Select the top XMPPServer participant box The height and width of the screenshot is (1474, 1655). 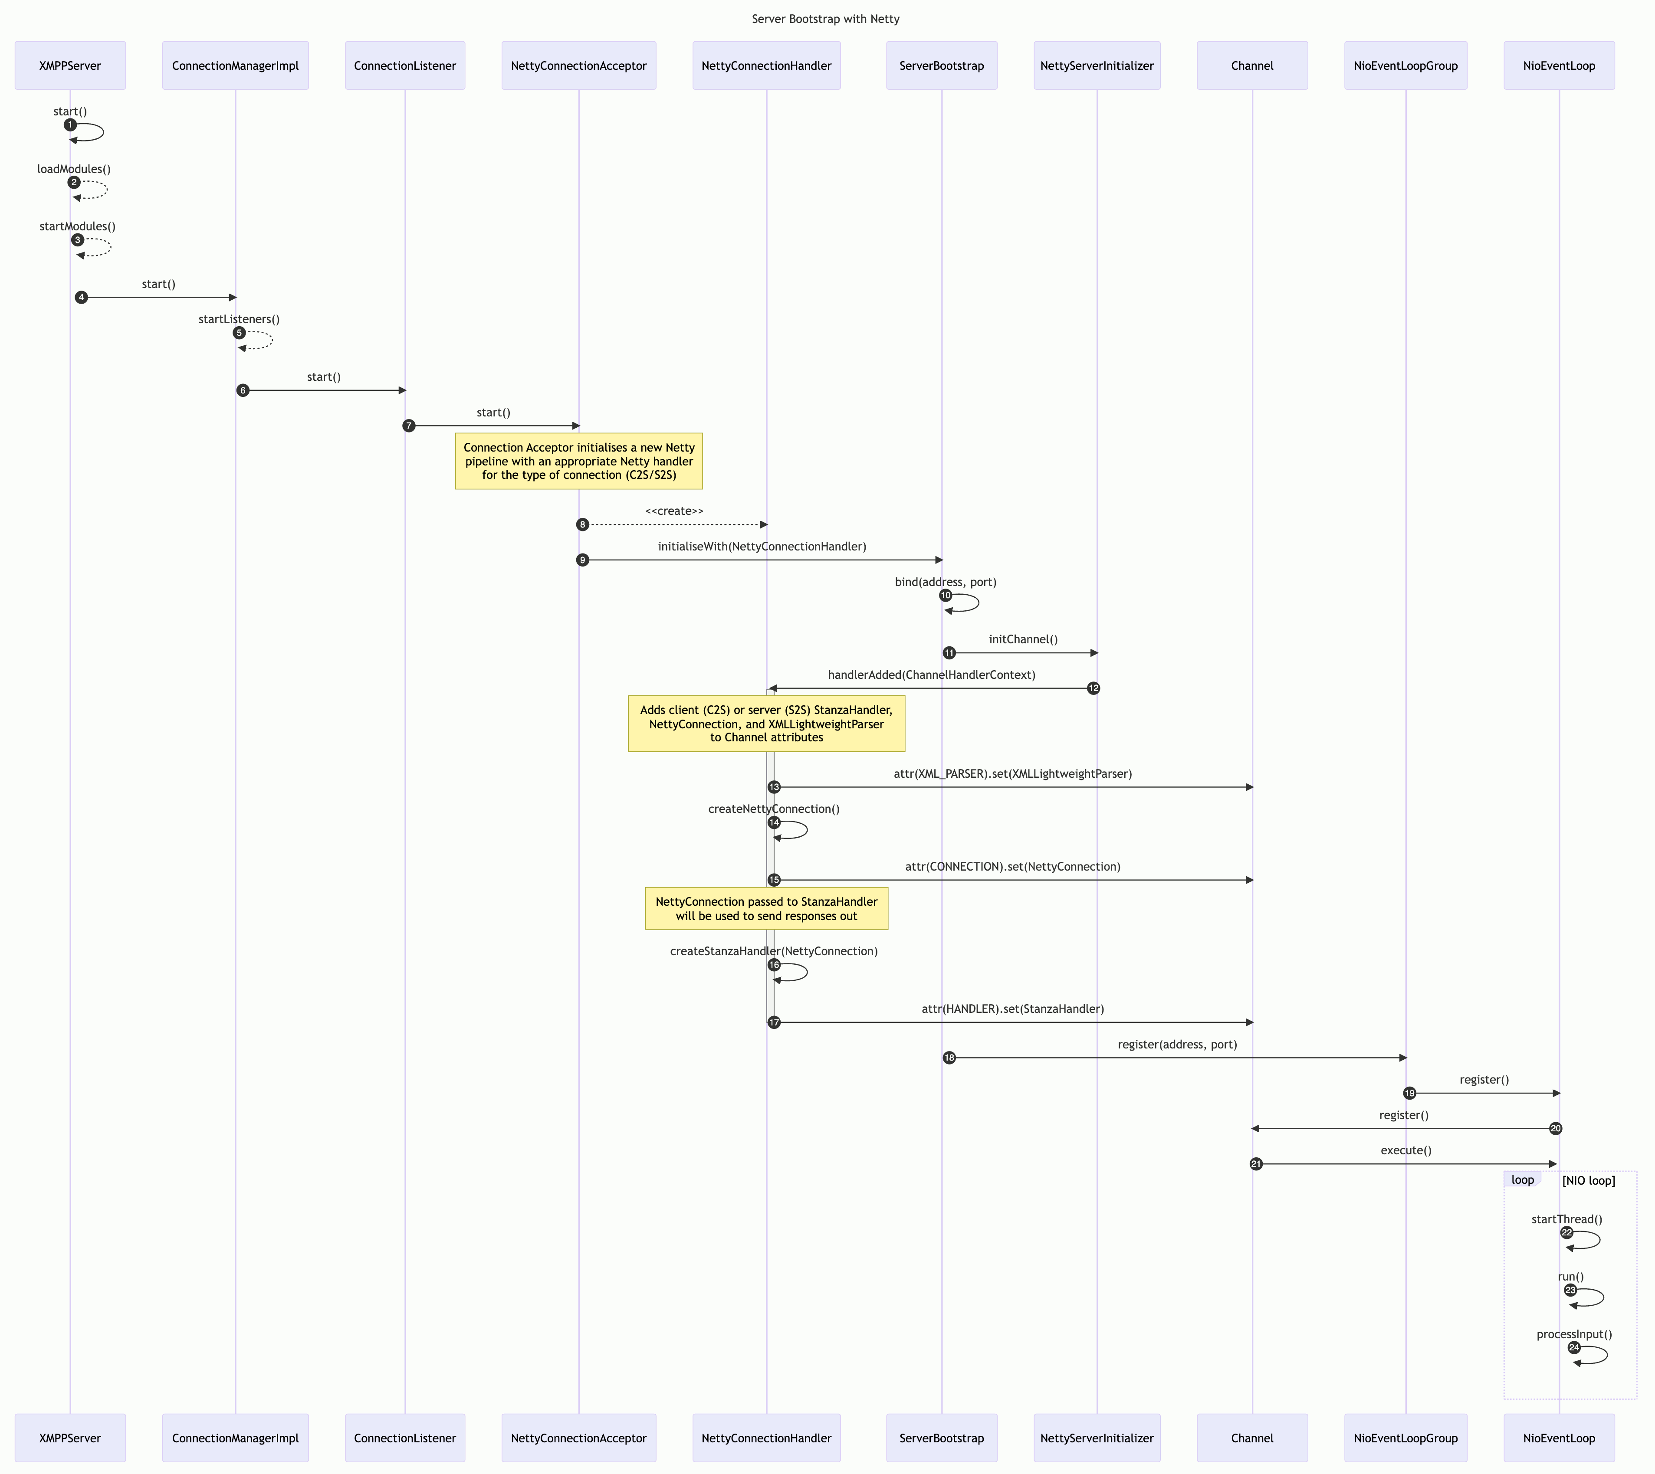tap(70, 66)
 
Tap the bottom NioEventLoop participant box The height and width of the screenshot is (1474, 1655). tap(1559, 1438)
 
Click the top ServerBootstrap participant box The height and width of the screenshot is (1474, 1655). tap(941, 66)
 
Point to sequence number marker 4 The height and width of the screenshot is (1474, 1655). tap(81, 297)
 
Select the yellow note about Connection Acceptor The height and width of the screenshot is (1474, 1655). tap(578, 461)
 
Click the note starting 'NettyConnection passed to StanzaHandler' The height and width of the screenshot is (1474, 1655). tap(766, 909)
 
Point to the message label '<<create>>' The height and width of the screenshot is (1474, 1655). tap(674, 511)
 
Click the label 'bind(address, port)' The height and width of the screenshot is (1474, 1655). tap(946, 582)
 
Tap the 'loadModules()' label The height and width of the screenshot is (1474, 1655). tap(74, 169)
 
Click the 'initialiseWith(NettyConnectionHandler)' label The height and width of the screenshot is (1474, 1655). tap(762, 547)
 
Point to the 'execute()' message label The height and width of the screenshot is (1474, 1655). tap(1405, 1151)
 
